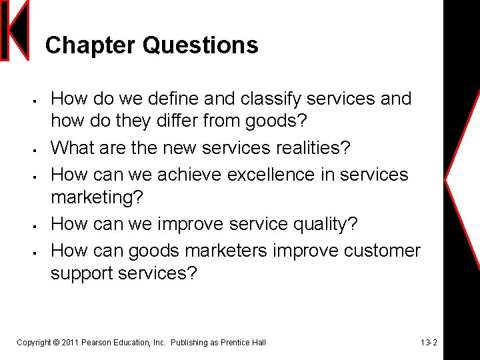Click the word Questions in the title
click(x=200, y=45)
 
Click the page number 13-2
click(x=429, y=343)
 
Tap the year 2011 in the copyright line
click(x=69, y=343)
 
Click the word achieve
click(x=191, y=174)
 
